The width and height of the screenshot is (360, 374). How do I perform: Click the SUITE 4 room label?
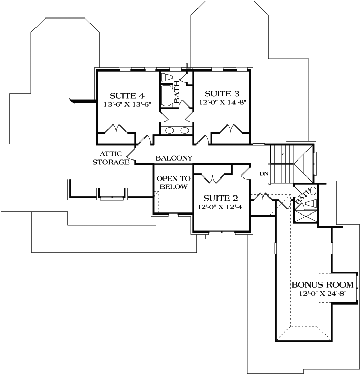click(x=127, y=96)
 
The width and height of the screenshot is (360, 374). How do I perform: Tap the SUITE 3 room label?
click(x=222, y=94)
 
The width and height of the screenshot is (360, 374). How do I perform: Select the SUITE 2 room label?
click(x=221, y=198)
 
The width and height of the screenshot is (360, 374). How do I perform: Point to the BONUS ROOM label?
click(x=322, y=284)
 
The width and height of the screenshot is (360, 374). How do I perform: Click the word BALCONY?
click(x=174, y=158)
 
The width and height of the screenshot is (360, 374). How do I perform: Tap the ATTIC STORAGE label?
click(x=111, y=158)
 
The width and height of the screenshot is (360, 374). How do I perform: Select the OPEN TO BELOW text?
click(x=173, y=183)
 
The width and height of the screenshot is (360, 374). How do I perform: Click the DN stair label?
click(x=264, y=174)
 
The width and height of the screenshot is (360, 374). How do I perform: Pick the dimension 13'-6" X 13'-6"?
click(x=128, y=104)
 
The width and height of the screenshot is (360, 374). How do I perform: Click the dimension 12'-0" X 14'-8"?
click(x=222, y=102)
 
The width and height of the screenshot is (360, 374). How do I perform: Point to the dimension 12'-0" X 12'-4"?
click(x=221, y=207)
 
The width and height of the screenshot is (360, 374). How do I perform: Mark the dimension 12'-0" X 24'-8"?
click(x=323, y=293)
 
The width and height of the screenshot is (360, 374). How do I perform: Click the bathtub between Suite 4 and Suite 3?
click(x=167, y=96)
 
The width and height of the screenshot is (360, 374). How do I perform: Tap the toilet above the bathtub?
click(x=167, y=77)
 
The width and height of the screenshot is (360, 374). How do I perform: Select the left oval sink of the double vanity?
click(x=170, y=130)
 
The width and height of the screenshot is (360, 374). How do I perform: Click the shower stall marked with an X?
click(x=305, y=216)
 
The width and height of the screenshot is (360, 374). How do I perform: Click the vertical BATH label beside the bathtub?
click(x=177, y=92)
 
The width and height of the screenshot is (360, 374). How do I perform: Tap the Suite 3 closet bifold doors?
click(x=230, y=128)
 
